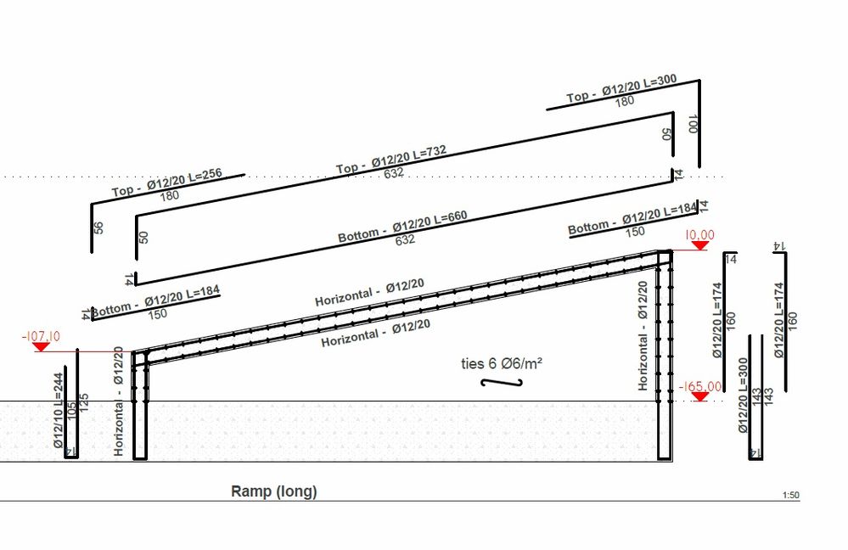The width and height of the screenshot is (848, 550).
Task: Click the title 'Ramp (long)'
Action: click(x=273, y=491)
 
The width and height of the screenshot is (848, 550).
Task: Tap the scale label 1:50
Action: click(x=790, y=496)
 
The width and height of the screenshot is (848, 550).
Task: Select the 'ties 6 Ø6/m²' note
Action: click(x=501, y=363)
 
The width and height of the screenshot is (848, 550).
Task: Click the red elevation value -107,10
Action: click(x=40, y=337)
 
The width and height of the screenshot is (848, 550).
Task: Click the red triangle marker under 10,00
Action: click(x=699, y=245)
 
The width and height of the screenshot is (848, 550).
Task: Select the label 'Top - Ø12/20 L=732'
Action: click(x=391, y=159)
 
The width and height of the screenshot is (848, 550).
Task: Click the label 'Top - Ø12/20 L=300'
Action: click(x=621, y=90)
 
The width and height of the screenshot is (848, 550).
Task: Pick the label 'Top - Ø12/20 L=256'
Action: click(x=166, y=182)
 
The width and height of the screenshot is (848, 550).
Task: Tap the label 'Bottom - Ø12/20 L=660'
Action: click(x=403, y=226)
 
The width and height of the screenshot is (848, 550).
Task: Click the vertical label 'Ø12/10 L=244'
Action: click(x=58, y=413)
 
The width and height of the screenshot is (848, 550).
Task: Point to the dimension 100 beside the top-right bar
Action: click(x=693, y=124)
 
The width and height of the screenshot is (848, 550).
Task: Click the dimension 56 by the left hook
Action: click(x=98, y=228)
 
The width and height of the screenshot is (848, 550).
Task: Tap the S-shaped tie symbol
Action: click(x=501, y=383)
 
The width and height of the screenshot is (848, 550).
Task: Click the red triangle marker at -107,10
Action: click(x=42, y=347)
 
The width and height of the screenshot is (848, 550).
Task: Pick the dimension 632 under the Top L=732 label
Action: click(x=393, y=173)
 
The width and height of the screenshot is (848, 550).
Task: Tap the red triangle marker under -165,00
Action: click(x=699, y=396)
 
